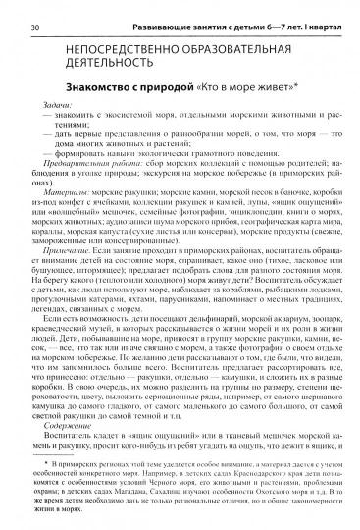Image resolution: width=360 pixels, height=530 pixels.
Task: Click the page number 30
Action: click(x=36, y=12)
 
